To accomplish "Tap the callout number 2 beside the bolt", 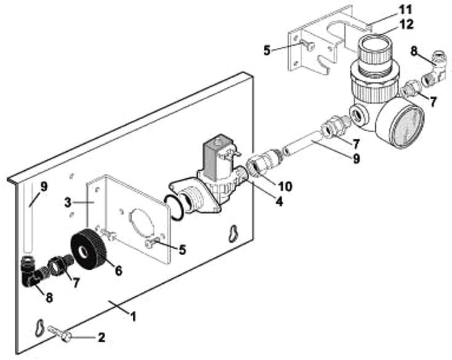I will coord(102,337).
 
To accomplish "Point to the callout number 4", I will coord(279,200).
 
